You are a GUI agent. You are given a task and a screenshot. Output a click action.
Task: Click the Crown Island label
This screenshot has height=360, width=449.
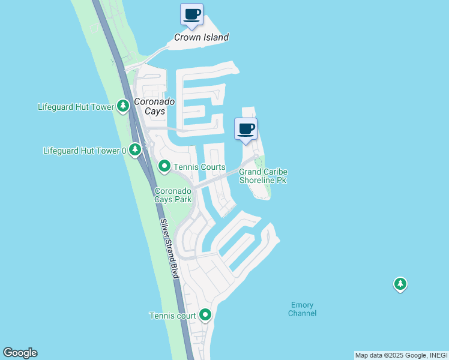[201, 37]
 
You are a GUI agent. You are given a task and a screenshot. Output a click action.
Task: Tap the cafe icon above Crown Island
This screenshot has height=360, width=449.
[191, 14]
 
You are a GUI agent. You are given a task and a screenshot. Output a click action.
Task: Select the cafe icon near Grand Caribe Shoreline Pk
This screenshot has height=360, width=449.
[246, 129]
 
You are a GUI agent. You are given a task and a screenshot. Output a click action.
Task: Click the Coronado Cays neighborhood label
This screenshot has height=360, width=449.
[154, 106]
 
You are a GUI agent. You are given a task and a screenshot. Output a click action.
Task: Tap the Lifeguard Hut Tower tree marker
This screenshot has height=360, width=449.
[123, 107]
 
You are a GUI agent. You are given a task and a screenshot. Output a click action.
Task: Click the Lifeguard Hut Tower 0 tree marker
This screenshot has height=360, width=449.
[135, 150]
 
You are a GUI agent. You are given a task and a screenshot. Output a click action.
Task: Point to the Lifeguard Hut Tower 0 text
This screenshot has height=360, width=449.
[85, 151]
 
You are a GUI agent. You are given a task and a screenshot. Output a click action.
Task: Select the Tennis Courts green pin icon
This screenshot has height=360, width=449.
[164, 166]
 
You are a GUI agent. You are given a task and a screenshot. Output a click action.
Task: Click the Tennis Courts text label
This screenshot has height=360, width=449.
[199, 167]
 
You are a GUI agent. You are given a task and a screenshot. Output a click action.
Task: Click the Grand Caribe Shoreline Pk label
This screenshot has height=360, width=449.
[263, 176]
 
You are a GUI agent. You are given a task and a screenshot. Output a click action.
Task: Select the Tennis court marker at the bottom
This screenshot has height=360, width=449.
[205, 314]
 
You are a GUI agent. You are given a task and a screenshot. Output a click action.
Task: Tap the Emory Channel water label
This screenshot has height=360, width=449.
[302, 309]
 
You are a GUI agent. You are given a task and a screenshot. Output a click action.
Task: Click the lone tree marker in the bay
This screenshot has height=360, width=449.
[400, 284]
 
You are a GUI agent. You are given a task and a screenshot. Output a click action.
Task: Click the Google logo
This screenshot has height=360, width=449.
[20, 353]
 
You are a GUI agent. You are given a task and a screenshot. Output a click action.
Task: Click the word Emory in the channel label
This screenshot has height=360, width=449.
[302, 305]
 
